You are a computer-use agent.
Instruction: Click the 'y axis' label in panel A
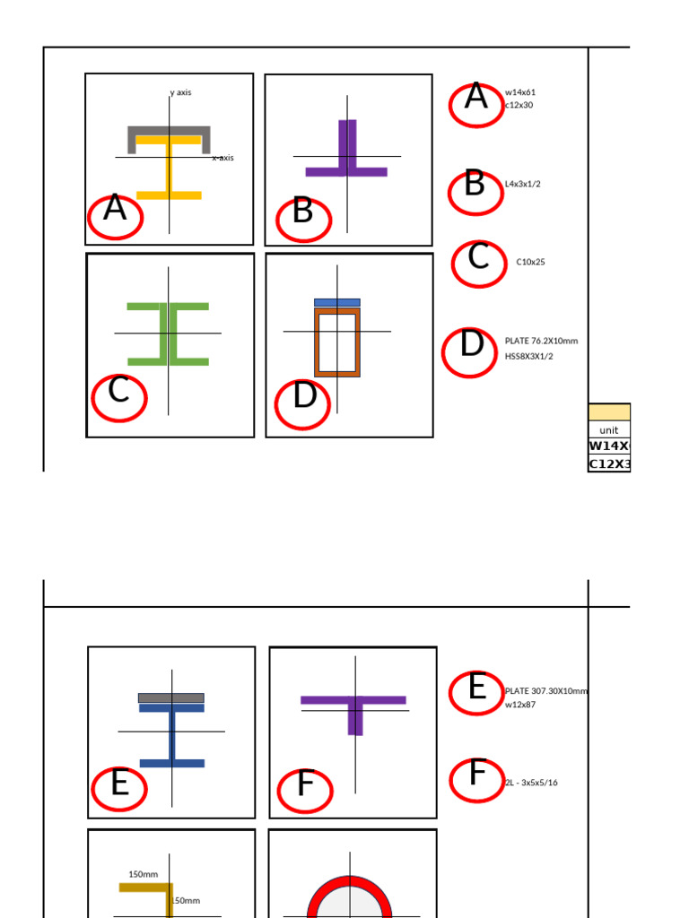click(180, 92)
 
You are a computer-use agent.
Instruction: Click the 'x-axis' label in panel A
click(222, 158)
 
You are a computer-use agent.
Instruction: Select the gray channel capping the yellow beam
click(169, 131)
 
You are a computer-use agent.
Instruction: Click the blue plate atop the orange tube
click(336, 303)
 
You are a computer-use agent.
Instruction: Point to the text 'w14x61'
click(520, 92)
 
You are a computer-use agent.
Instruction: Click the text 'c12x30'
click(519, 105)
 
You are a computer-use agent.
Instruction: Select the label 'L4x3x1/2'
click(522, 184)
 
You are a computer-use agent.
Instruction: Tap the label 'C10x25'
click(530, 263)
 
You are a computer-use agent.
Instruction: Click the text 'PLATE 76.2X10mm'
click(541, 341)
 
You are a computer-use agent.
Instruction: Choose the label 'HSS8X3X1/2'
click(528, 356)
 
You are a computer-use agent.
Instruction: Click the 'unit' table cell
click(609, 429)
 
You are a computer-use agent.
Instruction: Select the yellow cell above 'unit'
click(609, 412)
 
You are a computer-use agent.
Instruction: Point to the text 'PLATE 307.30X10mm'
click(546, 691)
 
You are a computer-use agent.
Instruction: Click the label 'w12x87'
click(520, 705)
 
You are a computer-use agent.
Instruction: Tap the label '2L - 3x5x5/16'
click(530, 783)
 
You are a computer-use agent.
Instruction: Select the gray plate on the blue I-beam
click(170, 697)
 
